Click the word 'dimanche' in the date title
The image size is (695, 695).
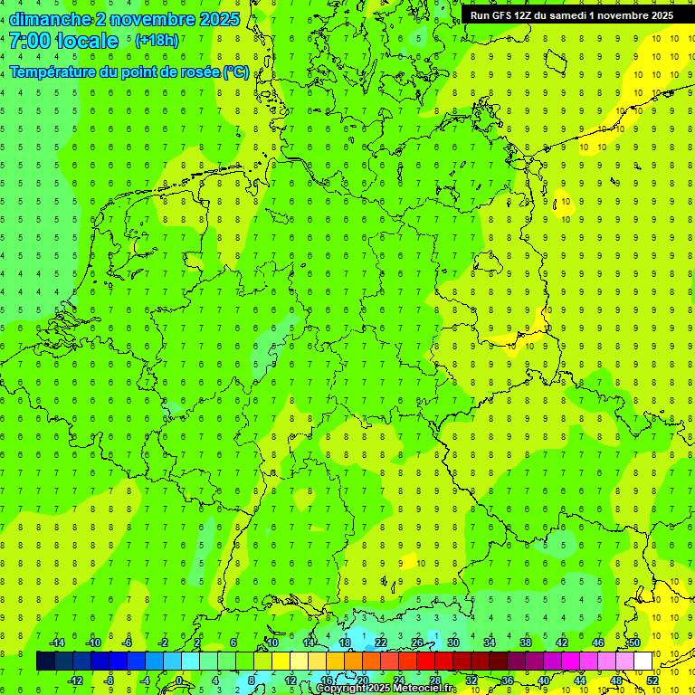point(49,19)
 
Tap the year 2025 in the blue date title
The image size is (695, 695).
point(218,19)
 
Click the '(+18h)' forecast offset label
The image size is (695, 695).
point(157,41)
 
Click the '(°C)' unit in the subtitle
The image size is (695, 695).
point(235,72)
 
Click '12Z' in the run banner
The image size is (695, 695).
point(524,15)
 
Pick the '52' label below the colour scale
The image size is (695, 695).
point(652,681)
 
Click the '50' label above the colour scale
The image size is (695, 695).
point(634,643)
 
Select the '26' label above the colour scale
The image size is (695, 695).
point(417,643)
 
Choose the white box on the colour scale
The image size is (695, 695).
point(643,662)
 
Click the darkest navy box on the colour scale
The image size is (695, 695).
point(46,662)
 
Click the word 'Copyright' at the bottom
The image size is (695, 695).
point(343,689)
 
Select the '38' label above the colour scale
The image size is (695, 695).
point(526,643)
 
